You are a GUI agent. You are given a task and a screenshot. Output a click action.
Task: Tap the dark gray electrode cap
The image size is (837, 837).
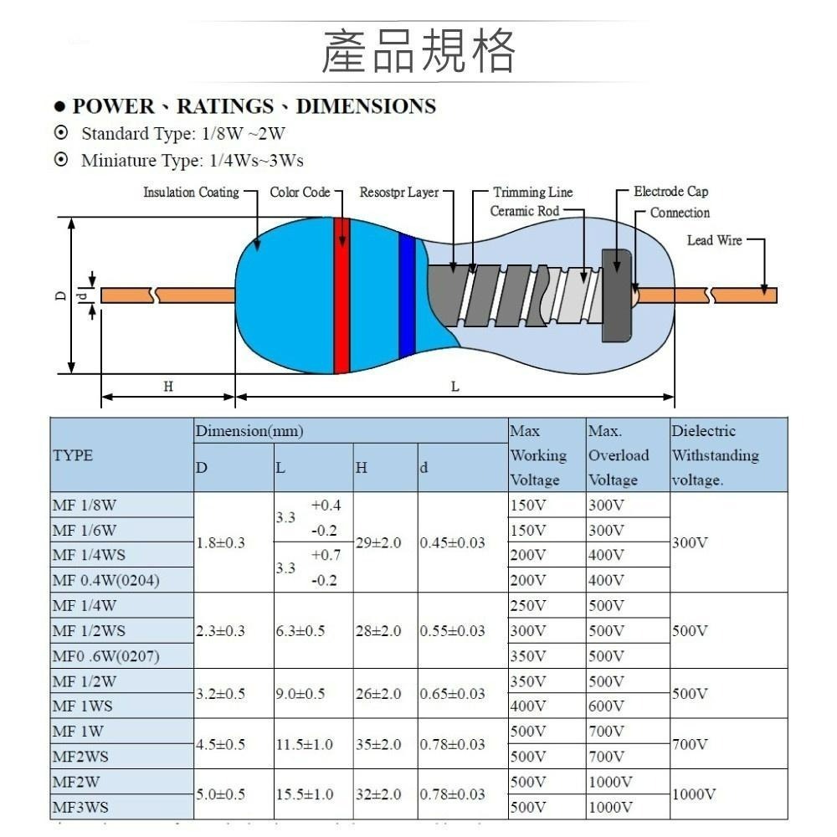coord(616,295)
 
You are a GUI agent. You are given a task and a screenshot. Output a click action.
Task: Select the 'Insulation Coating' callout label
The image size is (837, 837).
coord(191,193)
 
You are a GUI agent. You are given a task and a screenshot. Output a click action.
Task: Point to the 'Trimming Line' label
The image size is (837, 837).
coord(532,193)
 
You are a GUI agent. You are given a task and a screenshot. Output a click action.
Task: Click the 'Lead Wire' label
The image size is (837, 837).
coord(714,240)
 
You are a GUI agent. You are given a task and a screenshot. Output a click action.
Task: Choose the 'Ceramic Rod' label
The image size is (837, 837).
coord(524,211)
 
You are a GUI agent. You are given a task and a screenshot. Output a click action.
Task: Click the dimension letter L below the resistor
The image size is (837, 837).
coord(455,386)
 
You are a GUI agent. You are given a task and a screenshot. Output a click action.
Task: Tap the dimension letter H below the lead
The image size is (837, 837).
coord(168,386)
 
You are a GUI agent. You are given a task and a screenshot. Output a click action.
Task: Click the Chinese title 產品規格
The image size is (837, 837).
coord(418,50)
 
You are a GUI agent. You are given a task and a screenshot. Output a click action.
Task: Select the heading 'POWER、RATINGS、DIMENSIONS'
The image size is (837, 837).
coord(254,106)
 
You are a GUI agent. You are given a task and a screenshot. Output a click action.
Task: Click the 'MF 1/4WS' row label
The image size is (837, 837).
coord(86,555)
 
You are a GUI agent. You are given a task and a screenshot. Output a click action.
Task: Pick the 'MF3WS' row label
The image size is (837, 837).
coord(81,808)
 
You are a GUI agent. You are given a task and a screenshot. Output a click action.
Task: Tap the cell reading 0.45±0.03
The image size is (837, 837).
coord(453,542)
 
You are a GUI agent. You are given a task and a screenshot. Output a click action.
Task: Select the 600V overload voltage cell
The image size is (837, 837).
coord(606,706)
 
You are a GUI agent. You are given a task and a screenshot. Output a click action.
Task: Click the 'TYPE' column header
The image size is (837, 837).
coord(73,455)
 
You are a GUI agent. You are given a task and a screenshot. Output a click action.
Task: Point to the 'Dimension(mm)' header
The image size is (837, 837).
coord(249,431)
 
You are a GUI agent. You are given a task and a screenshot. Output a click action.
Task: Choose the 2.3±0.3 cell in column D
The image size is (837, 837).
coord(220,630)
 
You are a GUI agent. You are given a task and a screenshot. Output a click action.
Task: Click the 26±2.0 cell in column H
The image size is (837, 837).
coord(377,694)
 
